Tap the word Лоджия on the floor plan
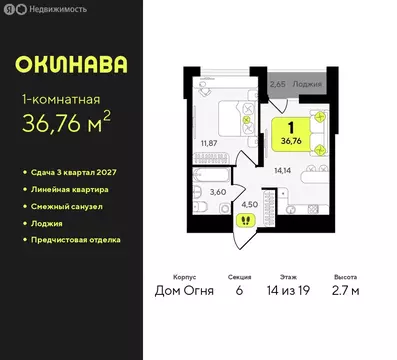pos(307,86)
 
